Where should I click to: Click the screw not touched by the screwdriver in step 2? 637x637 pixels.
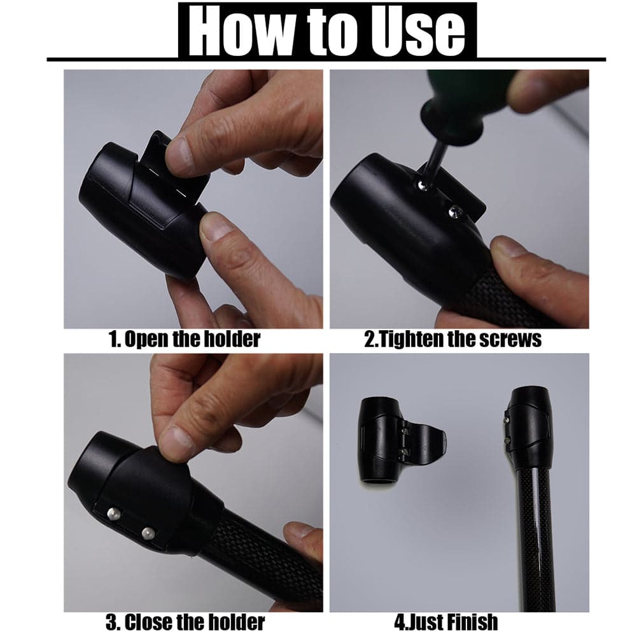click(455, 211)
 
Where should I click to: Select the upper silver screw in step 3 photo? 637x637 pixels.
click(114, 514)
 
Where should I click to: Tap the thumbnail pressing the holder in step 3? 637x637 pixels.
click(176, 443)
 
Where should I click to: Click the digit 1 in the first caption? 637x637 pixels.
click(113, 339)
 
